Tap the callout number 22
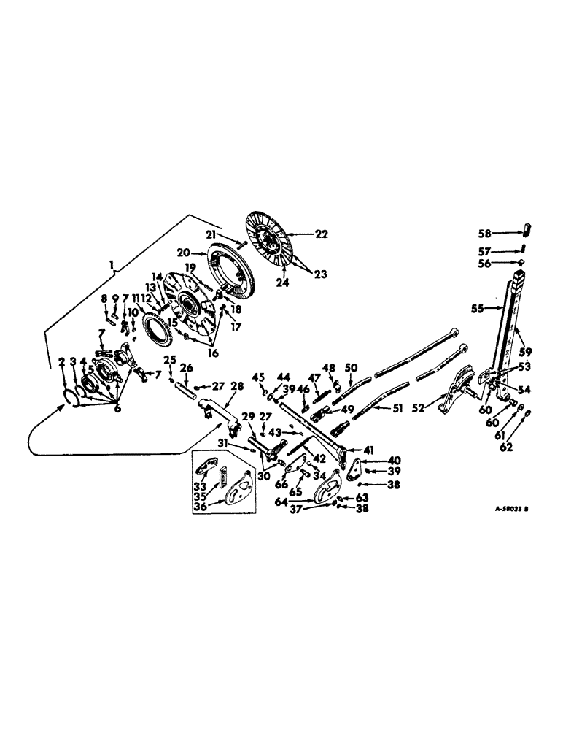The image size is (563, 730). click(x=321, y=234)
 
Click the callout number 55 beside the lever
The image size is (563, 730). click(x=478, y=309)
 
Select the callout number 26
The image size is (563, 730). click(x=186, y=367)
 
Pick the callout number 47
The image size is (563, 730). click(x=314, y=378)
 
